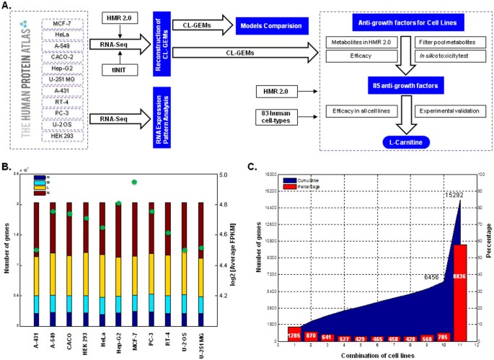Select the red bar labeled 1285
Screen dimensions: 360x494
[x=294, y=335]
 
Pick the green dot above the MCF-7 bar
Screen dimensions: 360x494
[x=134, y=183]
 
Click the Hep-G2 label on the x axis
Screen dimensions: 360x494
[x=119, y=335]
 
